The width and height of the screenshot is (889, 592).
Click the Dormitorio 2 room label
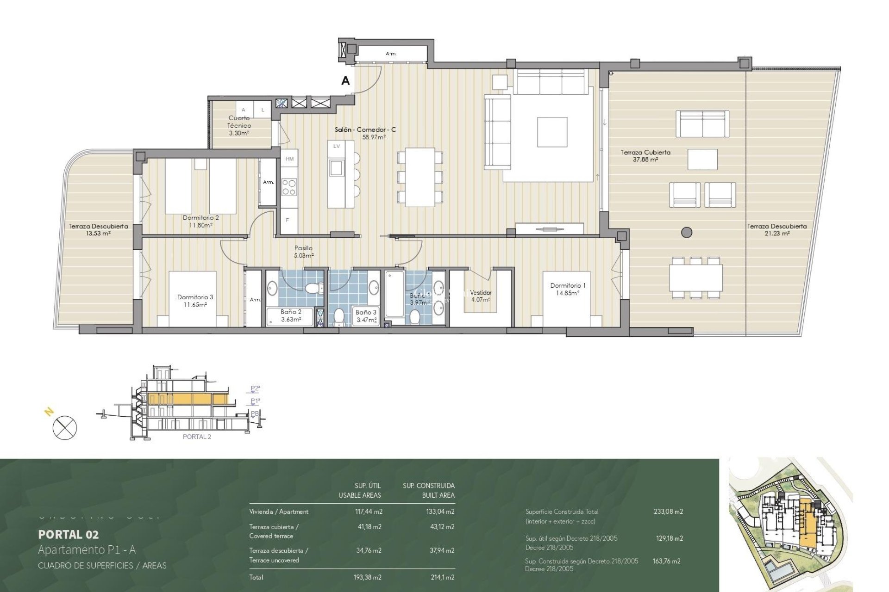(200, 217)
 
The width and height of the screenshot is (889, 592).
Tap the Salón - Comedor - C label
(365, 130)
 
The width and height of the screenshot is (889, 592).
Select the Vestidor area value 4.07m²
(480, 300)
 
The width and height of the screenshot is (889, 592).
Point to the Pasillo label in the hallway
(303, 248)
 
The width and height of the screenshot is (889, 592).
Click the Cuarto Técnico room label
(239, 122)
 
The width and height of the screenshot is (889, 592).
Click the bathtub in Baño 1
(395, 294)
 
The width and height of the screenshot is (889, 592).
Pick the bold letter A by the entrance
(345, 80)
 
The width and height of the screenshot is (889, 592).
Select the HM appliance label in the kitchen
(290, 159)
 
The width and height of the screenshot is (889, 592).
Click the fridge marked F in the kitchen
(288, 221)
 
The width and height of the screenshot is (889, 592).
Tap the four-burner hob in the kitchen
(289, 187)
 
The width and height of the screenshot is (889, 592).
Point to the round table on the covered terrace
(687, 232)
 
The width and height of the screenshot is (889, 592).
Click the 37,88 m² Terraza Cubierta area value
(645, 160)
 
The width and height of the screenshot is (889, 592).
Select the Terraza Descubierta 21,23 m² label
(776, 229)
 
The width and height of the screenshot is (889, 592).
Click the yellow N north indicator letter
(49, 412)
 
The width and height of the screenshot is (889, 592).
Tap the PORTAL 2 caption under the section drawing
(197, 437)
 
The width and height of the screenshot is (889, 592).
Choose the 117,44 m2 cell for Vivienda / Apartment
(368, 512)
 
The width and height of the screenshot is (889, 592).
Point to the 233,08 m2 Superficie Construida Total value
(668, 512)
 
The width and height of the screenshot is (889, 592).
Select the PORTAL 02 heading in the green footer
(68, 535)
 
